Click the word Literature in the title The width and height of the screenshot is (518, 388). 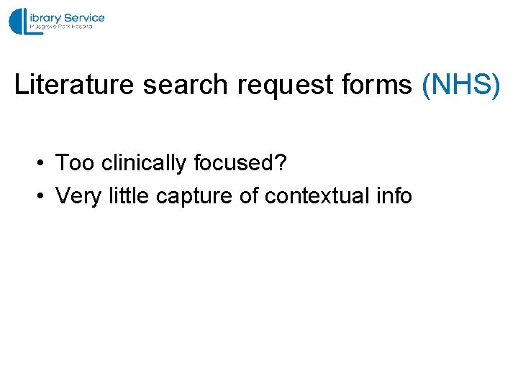click(74, 86)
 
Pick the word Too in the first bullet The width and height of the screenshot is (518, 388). click(75, 163)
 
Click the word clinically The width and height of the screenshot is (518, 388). click(144, 164)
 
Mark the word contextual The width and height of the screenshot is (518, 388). click(317, 195)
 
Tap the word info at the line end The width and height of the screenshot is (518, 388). click(394, 195)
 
